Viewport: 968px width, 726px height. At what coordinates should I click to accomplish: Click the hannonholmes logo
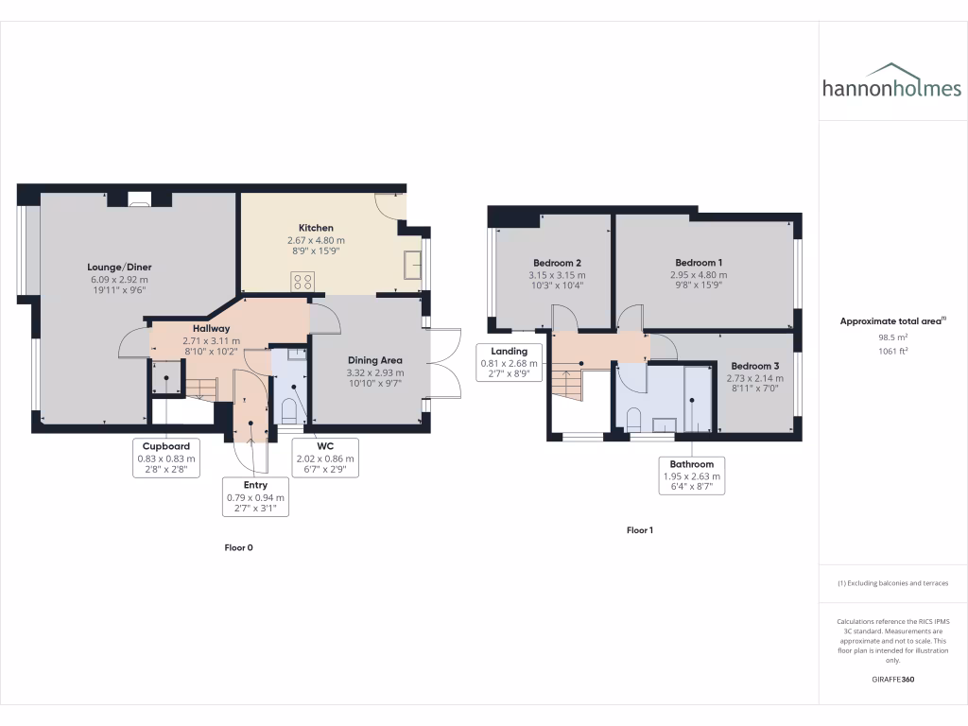point(891,82)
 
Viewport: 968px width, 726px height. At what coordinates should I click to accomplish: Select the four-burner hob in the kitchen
point(303,280)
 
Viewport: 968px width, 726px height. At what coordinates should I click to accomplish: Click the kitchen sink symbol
point(411,266)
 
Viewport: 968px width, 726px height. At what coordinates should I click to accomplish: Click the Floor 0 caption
point(238,547)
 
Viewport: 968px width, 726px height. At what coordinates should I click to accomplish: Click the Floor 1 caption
point(640,530)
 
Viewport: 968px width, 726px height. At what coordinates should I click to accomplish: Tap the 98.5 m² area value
point(892,337)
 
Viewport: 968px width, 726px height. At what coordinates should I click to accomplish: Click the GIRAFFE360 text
point(892,680)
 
